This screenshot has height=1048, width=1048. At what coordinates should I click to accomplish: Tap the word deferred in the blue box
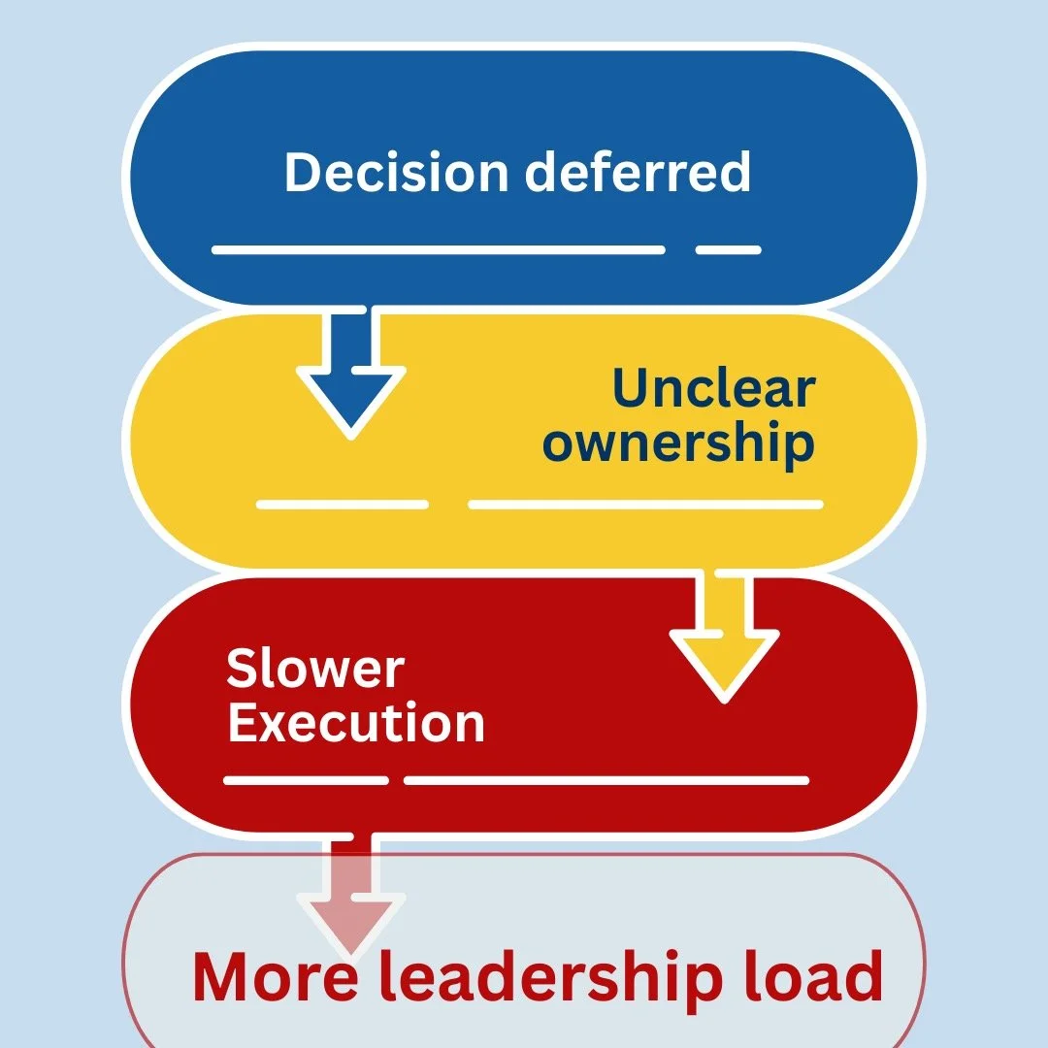coord(638,172)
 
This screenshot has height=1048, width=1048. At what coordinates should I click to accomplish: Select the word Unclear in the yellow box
coord(713,388)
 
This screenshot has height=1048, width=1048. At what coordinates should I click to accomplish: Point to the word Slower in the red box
coord(315,669)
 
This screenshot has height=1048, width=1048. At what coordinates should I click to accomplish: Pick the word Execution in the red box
coord(356,724)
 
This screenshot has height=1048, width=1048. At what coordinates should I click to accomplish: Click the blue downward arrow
coord(350,374)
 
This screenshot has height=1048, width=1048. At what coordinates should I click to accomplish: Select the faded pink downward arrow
coord(351,898)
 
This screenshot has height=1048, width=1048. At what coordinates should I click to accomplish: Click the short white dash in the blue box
coord(728,249)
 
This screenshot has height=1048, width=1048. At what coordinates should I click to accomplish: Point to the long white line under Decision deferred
coord(438,249)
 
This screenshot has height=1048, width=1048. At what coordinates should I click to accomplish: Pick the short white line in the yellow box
coord(343,505)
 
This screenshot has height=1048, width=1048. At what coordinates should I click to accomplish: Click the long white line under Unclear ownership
coord(645,505)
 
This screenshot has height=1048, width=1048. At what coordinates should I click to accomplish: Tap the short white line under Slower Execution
coord(306,780)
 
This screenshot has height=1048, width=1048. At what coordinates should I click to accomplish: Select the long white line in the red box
coord(606,780)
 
